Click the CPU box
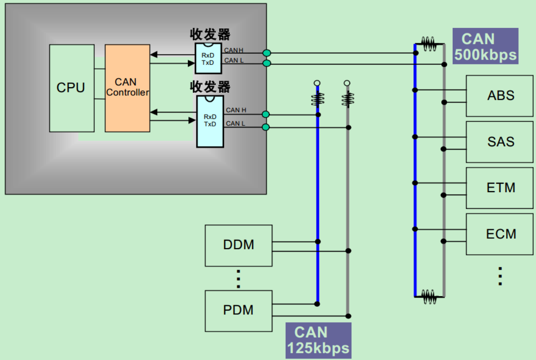click(x=72, y=88)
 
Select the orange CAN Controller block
click(x=127, y=88)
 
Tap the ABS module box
click(x=500, y=96)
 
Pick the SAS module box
click(x=500, y=142)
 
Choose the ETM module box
click(x=500, y=188)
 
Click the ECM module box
click(x=500, y=234)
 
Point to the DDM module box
click(x=239, y=245)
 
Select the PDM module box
click(x=239, y=311)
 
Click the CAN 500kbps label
click(x=485, y=46)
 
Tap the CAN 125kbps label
click(x=318, y=340)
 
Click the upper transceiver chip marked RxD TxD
click(x=208, y=58)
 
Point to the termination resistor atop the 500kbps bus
click(x=428, y=44)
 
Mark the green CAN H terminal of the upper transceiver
click(x=267, y=53)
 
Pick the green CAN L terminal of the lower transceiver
click(x=266, y=127)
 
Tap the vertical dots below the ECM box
click(x=500, y=276)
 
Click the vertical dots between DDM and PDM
click(x=238, y=278)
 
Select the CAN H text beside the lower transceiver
click(x=236, y=111)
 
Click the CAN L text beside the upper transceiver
click(x=234, y=61)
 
